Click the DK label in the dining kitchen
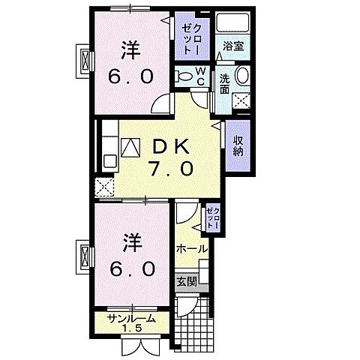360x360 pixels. tap(170, 145)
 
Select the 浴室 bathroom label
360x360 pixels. tap(231, 46)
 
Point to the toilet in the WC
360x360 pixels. tap(184, 76)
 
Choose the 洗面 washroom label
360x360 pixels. tap(225, 82)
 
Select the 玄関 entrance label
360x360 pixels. tap(187, 283)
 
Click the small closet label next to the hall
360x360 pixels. tap(211, 220)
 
